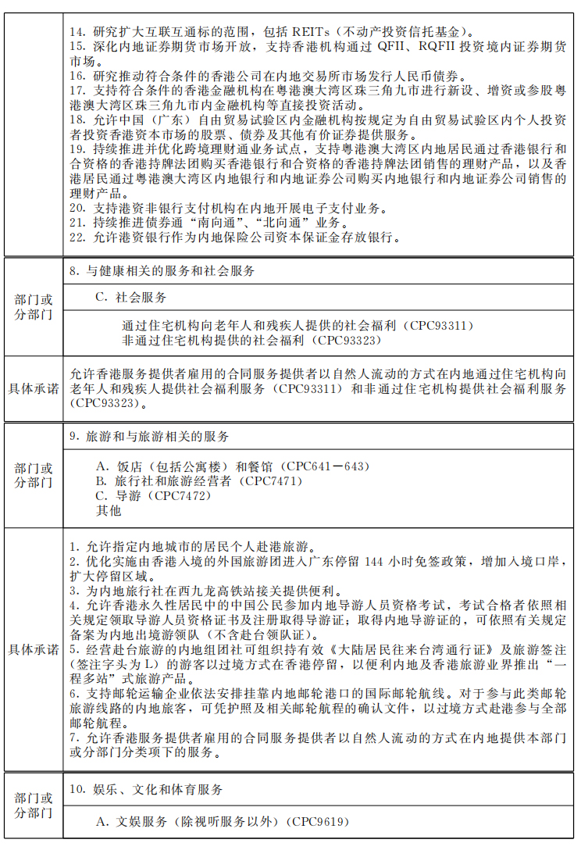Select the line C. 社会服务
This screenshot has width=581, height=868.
click(130, 298)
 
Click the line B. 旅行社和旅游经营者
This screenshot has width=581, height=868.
click(198, 481)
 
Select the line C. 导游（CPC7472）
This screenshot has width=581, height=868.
click(153, 496)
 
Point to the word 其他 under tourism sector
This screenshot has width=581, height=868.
click(109, 511)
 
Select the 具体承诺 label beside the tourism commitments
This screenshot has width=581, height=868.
click(34, 650)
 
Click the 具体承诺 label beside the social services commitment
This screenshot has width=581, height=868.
click(34, 388)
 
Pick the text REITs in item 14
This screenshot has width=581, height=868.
click(311, 32)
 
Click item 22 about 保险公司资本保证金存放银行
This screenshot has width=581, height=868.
click(234, 238)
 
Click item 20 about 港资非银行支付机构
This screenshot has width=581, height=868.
click(226, 209)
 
